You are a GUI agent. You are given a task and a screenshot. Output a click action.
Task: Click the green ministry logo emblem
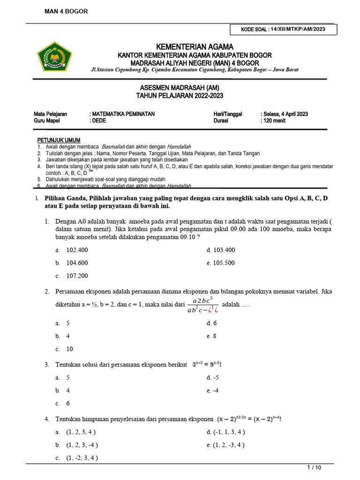click(55, 56)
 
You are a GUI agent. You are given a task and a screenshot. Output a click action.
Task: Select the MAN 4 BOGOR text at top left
click(66, 11)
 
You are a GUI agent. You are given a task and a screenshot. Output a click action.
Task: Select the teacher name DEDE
click(99, 120)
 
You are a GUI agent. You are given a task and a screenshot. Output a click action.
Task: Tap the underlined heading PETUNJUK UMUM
click(59, 140)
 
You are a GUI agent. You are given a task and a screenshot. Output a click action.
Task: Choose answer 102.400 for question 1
click(77, 250)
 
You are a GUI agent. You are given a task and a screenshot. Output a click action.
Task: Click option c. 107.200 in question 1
click(77, 276)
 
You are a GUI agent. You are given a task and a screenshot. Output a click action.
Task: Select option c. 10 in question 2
click(70, 349)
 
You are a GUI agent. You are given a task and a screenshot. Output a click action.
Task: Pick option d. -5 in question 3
click(213, 377)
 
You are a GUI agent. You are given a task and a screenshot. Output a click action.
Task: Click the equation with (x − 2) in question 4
click(249, 419)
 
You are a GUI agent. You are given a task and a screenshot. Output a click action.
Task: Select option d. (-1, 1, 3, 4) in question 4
click(226, 432)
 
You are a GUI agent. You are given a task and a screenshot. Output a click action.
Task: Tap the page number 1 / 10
click(314, 467)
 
